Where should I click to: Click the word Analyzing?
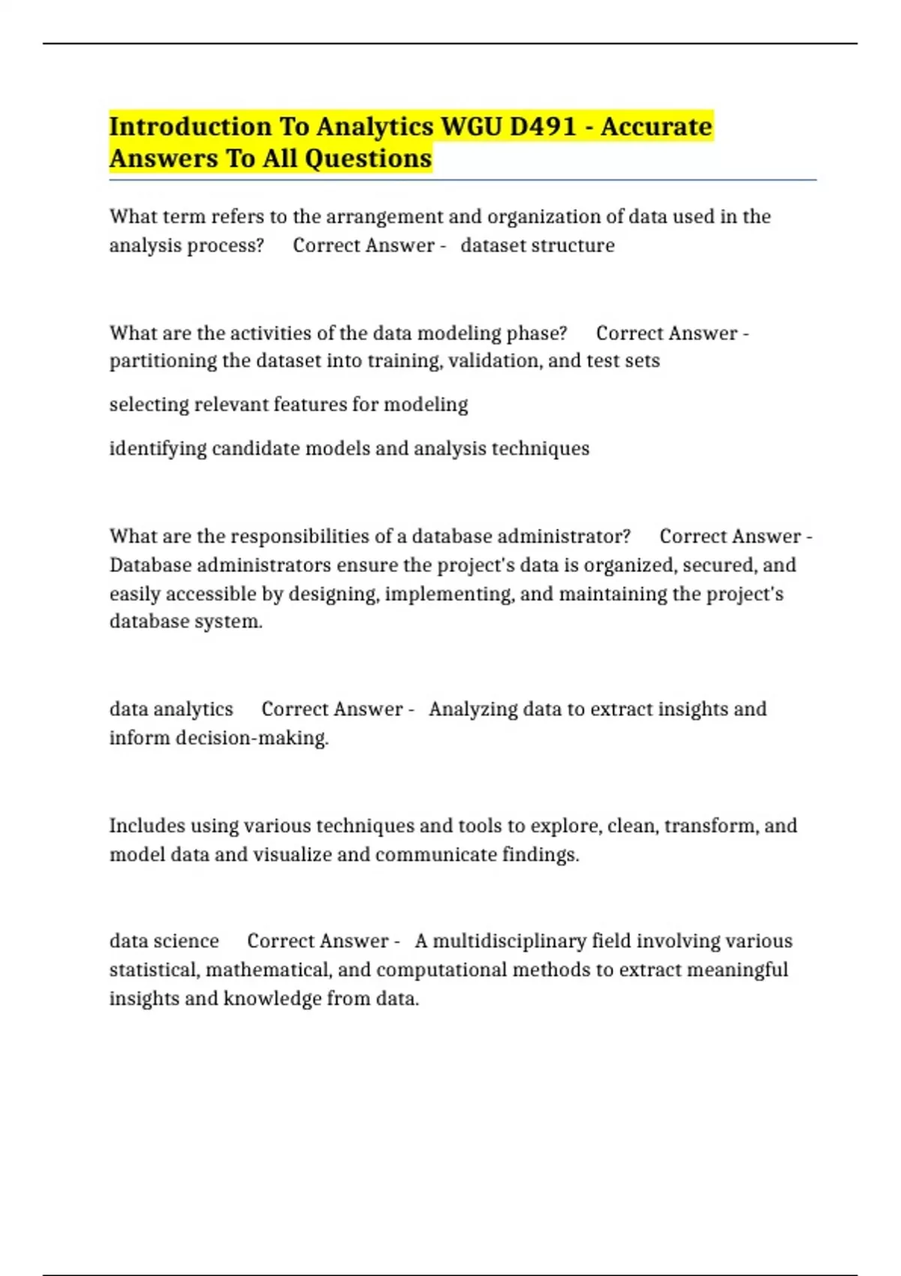coord(473,709)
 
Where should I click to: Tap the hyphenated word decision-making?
coord(252,739)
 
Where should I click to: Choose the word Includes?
coord(147,826)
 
